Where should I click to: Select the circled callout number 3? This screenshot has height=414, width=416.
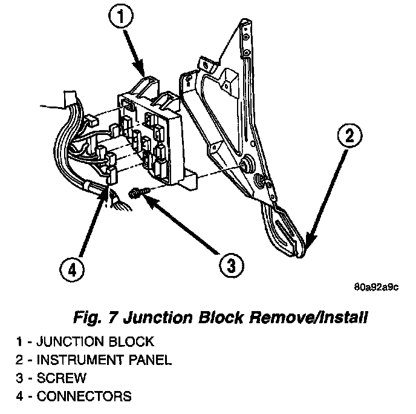[229, 264]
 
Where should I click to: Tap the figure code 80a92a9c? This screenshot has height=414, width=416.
[376, 287]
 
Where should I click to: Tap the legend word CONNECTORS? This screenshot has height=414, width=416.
[83, 397]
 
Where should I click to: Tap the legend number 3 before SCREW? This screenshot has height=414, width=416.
[20, 378]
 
